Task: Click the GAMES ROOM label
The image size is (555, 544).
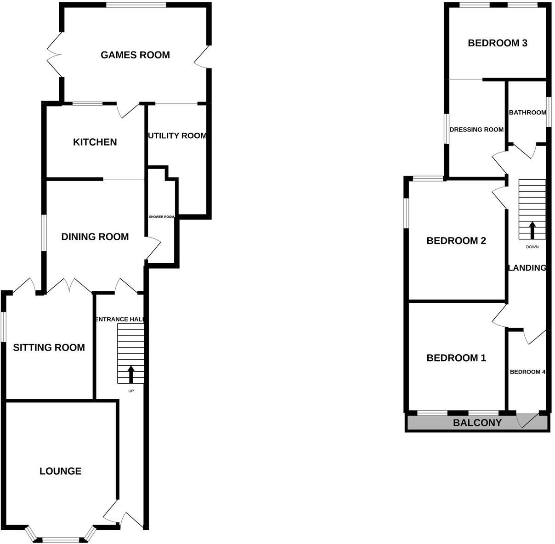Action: (x=135, y=55)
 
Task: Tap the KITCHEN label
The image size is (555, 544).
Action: (x=95, y=142)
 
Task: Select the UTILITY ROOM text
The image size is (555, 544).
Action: (x=177, y=136)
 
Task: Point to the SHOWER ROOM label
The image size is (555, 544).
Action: (x=162, y=217)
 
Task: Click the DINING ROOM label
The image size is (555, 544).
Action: (x=95, y=237)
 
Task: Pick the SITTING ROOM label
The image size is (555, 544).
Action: (x=49, y=348)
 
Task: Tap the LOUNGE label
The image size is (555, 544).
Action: (x=61, y=471)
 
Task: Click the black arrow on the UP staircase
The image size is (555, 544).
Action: (x=131, y=374)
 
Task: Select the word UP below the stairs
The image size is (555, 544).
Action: (x=131, y=391)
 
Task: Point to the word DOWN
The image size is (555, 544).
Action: (x=532, y=247)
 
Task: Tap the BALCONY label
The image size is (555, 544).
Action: (x=477, y=423)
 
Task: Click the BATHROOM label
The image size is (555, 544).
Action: (x=527, y=113)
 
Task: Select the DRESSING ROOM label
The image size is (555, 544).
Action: (x=476, y=130)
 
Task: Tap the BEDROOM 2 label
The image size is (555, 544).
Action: (x=456, y=241)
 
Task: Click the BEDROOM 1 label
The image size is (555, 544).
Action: (x=456, y=358)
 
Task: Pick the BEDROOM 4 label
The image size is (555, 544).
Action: (x=527, y=372)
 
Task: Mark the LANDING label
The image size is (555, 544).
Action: (x=527, y=268)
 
